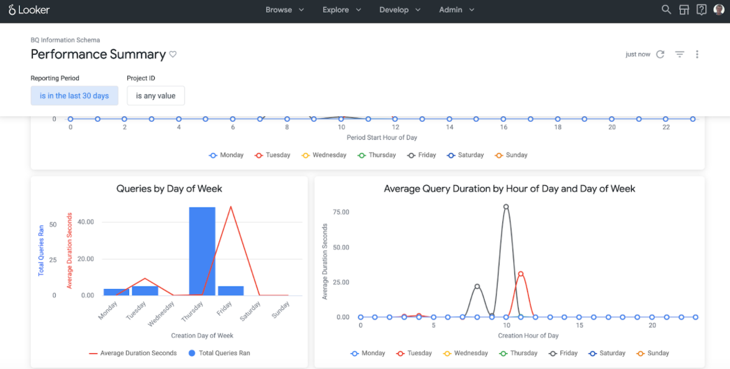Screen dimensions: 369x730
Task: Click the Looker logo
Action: click(x=29, y=10)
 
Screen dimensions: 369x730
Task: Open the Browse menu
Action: click(x=284, y=10)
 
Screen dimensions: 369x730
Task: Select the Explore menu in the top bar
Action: click(x=341, y=10)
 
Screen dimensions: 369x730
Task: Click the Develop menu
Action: click(x=400, y=10)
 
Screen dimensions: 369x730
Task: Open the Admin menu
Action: click(x=456, y=10)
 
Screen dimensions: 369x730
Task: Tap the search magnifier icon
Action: click(x=666, y=10)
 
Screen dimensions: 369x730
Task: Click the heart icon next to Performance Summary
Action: click(x=173, y=55)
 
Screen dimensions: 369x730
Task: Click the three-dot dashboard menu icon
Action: click(x=697, y=55)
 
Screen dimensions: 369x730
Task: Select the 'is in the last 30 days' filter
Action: click(x=74, y=96)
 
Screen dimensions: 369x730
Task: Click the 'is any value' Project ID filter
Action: click(x=156, y=96)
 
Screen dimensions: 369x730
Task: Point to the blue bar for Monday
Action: click(x=116, y=292)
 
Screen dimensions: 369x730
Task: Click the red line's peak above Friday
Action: click(x=231, y=207)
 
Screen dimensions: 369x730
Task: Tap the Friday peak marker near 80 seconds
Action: click(x=506, y=207)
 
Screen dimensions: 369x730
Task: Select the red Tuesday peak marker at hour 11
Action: click(x=521, y=273)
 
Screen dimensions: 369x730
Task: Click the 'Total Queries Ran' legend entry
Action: click(x=220, y=353)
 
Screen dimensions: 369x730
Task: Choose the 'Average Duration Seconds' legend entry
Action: click(x=133, y=353)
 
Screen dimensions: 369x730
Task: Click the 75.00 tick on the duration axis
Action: click(x=341, y=212)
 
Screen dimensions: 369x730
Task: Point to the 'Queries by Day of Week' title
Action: click(x=169, y=189)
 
